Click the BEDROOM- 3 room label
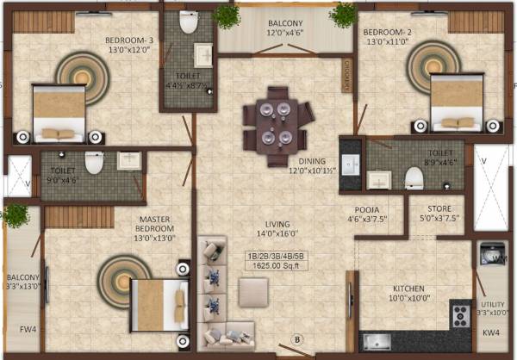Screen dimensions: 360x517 128,40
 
